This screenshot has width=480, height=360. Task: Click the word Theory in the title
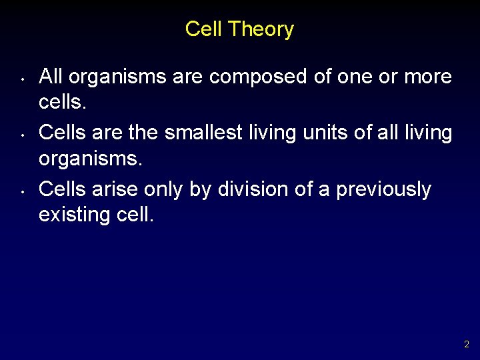[261, 29]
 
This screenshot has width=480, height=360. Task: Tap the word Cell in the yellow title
[203, 29]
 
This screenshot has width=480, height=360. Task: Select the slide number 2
[467, 345]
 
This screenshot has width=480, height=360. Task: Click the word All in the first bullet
[51, 77]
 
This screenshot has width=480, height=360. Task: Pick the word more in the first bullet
[428, 77]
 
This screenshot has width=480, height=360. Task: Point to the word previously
[383, 189]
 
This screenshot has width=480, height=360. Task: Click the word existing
[71, 215]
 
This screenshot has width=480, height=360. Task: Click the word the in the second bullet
[143, 133]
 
